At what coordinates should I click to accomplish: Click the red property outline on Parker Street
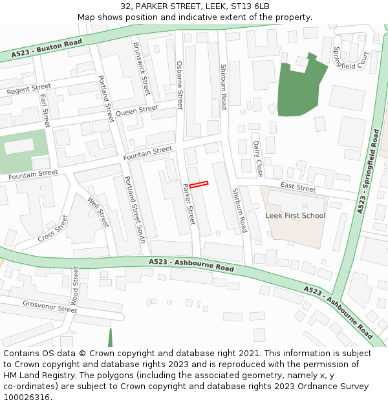coord(199,185)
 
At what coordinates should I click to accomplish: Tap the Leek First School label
coord(296,215)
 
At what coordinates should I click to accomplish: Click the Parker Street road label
coord(189,204)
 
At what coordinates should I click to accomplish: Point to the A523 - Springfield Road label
coord(369,171)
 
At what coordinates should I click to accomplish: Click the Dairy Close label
coord(257,159)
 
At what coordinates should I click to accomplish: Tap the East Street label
coord(298,188)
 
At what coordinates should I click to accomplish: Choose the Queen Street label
coord(137,111)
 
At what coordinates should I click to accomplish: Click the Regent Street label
coord(28,89)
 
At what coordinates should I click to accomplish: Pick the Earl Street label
coord(45,111)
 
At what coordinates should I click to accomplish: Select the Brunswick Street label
coord(141,69)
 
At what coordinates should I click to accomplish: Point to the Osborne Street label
coord(180,85)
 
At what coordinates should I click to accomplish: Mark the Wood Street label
coord(74,285)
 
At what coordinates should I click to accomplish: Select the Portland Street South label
coord(135,209)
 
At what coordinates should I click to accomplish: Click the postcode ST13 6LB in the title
coord(255,6)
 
